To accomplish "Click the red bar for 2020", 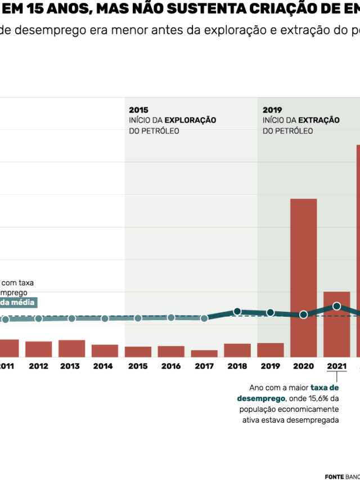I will [303, 277].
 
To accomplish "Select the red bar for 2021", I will [336, 324].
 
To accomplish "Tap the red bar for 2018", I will [237, 350].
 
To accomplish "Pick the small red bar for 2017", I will [204, 353].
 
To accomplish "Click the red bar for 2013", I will [71, 348].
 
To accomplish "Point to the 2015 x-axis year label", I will [138, 366].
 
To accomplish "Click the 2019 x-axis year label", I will [270, 366].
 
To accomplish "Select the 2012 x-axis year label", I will [38, 366].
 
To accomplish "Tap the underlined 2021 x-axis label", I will [336, 366].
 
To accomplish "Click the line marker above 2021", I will [337, 306].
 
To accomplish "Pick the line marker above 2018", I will [237, 311].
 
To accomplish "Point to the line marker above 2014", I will [105, 318].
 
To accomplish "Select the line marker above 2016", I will [171, 317].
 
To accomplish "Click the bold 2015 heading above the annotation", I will [138, 110].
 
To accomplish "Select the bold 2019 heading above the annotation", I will [272, 110].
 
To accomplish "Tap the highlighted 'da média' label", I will [17, 303].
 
